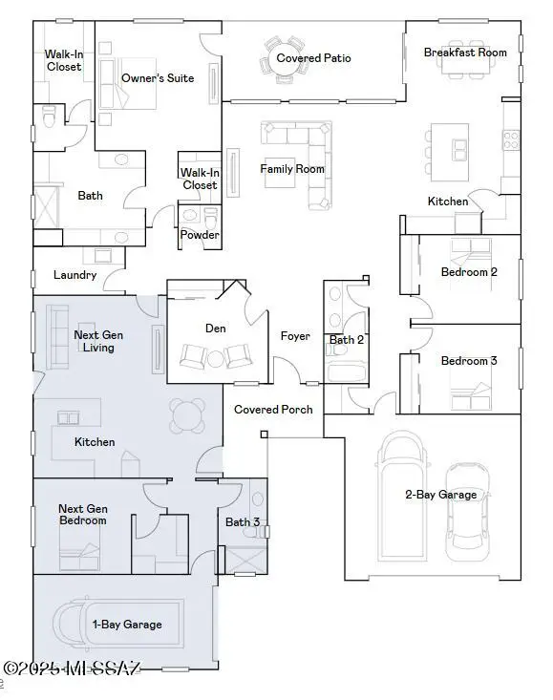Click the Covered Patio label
click(314, 58)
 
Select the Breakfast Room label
click(465, 53)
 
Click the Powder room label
click(200, 235)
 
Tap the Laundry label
click(74, 275)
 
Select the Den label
click(215, 328)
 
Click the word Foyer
click(295, 336)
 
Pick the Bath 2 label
click(347, 340)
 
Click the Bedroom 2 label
click(469, 272)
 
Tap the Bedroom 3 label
click(469, 361)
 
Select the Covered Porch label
click(273, 410)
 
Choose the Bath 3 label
click(243, 521)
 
